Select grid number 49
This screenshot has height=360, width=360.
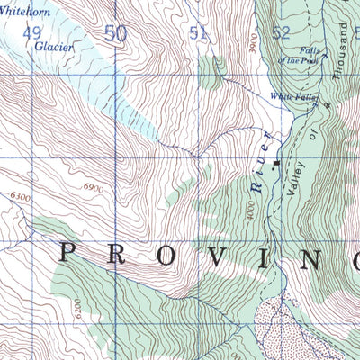click(33, 33)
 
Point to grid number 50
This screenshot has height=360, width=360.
click(114, 33)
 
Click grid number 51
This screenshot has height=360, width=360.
click(198, 33)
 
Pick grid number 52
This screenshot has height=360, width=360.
click(281, 33)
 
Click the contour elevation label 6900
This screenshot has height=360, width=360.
click(92, 186)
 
